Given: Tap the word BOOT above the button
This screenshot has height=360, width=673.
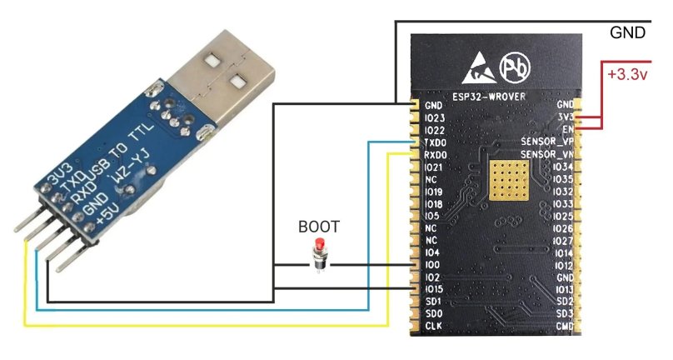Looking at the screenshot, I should click(x=319, y=226).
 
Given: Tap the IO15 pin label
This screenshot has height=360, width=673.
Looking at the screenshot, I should click(x=434, y=288).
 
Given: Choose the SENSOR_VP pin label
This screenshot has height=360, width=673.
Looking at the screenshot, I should click(x=546, y=142).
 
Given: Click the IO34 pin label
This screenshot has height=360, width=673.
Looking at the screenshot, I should click(x=562, y=167).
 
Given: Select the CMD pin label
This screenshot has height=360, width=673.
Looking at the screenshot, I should click(x=564, y=325).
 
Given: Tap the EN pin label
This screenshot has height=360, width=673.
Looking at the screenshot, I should click(x=568, y=131).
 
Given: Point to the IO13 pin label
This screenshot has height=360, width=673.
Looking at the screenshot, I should click(x=562, y=288).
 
